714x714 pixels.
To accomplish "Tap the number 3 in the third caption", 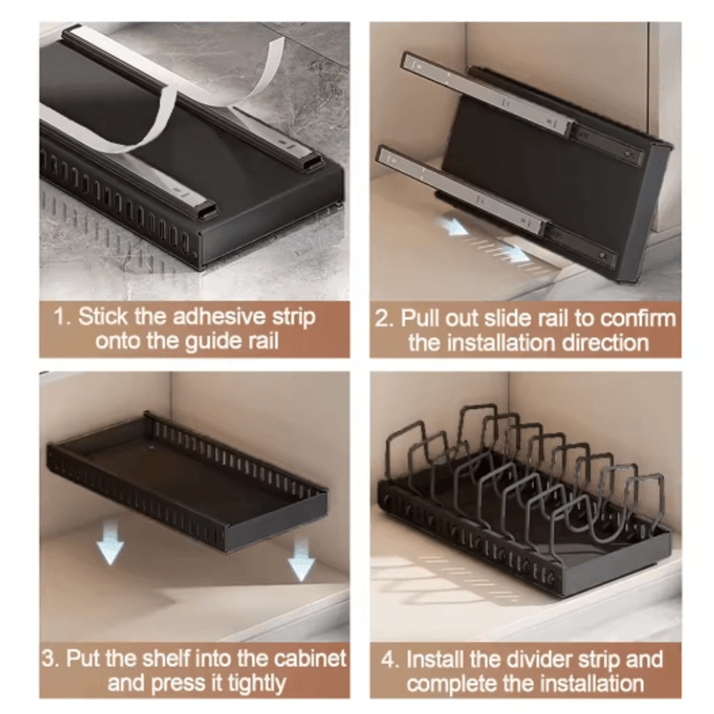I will click(x=51, y=658).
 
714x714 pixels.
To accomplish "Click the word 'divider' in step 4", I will click(x=527, y=658).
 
